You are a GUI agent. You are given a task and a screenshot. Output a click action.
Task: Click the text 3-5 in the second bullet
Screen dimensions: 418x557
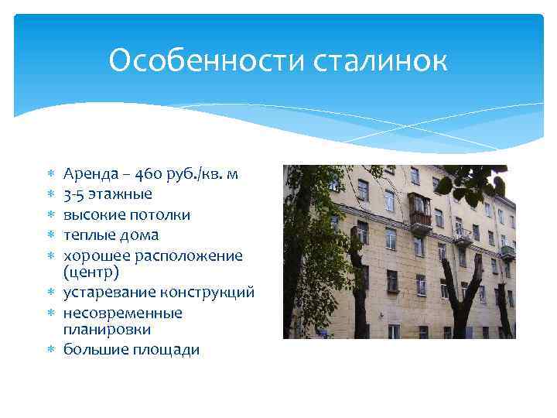(x=75, y=194)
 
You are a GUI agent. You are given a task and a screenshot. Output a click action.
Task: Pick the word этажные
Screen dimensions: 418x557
(x=121, y=194)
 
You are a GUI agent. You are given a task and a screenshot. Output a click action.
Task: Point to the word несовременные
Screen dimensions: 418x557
(x=123, y=313)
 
